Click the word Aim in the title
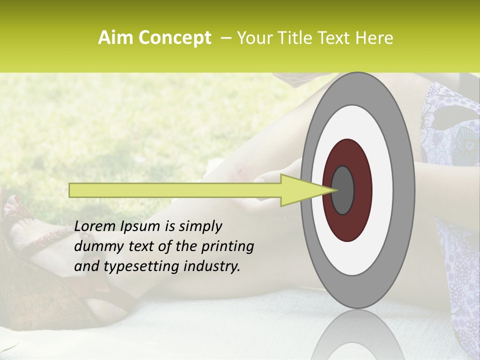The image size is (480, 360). (115, 38)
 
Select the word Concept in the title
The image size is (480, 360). (174, 38)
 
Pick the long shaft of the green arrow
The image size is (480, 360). (175, 190)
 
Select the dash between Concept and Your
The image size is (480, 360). (225, 38)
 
